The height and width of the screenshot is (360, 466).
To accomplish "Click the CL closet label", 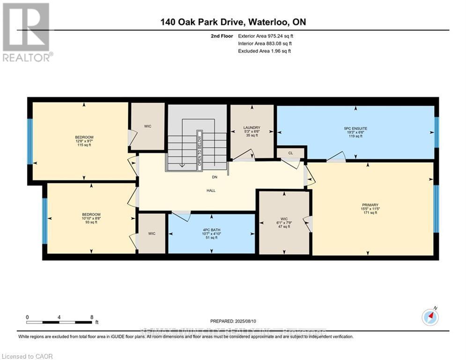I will click(290, 153).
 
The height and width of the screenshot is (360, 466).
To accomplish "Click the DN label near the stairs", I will click(214, 177).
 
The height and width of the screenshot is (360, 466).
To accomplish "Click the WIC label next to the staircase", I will click(148, 126).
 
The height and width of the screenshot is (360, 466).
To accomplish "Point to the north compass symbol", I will click(430, 317).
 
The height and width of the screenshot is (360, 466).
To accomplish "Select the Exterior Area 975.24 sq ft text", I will click(266, 36).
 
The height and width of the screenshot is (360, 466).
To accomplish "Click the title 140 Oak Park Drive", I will click(233, 22).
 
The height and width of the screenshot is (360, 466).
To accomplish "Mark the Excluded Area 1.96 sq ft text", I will click(264, 51).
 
